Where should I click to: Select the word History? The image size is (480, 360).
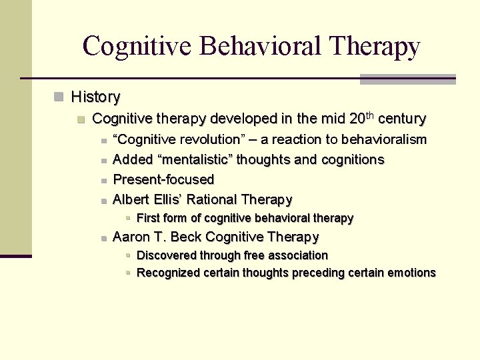(95, 97)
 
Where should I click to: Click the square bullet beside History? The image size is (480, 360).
(60, 97)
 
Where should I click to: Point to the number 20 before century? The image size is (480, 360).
(357, 119)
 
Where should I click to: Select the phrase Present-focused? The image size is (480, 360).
(163, 179)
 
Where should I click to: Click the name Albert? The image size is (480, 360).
(133, 199)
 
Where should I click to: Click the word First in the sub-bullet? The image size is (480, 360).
(148, 218)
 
